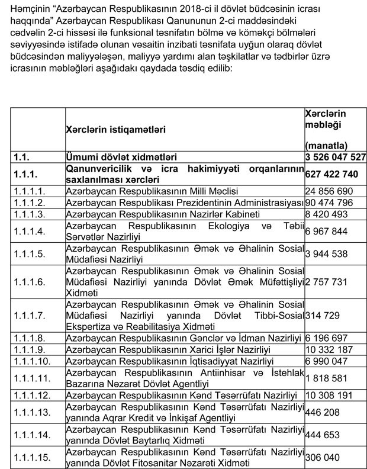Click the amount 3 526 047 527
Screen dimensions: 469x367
click(334, 158)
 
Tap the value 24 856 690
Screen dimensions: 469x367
click(329, 192)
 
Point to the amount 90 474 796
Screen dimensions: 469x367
click(329, 203)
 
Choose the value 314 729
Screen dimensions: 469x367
click(320, 314)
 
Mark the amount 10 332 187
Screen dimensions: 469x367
click(329, 349)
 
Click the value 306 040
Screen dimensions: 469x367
click(320, 457)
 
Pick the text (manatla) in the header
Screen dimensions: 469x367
click(326, 144)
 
